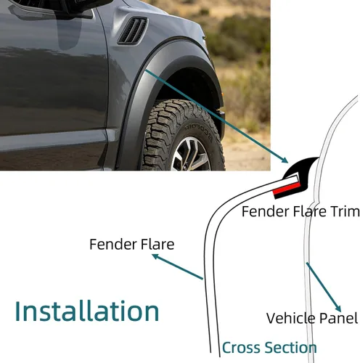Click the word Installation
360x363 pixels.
coord(87,311)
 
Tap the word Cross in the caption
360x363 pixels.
coord(241,348)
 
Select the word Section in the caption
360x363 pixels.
coord(290,348)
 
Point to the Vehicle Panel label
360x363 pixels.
coord(312,318)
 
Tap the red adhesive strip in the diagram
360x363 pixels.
coord(287,189)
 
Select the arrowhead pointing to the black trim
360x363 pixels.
coord(285,160)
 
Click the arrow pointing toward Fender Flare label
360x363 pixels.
coord(178,266)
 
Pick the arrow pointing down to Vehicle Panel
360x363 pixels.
coord(324,287)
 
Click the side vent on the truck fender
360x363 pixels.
coord(133,31)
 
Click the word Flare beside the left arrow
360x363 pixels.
coord(159,244)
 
